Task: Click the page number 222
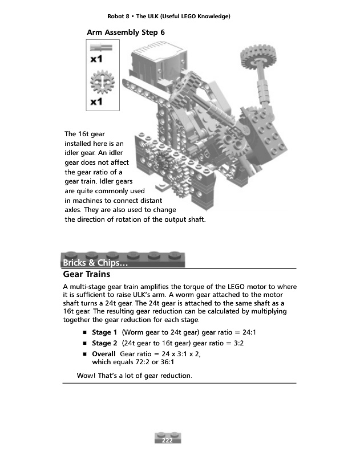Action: click(x=168, y=440)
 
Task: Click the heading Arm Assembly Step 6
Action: click(x=126, y=32)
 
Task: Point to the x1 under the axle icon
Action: click(x=96, y=59)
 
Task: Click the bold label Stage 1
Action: click(x=104, y=332)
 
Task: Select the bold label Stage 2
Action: click(x=104, y=344)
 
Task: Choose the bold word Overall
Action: click(x=104, y=355)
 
